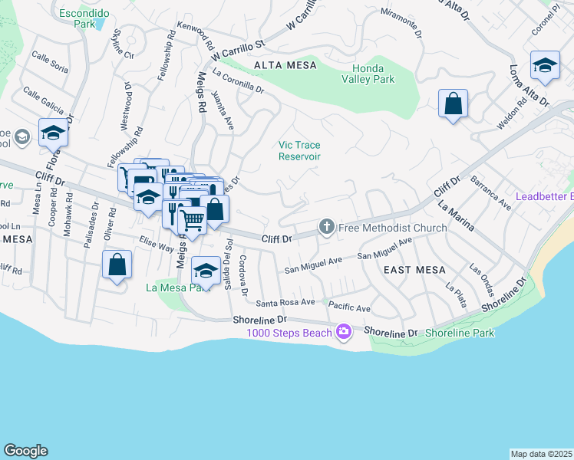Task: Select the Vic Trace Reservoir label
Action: (x=299, y=150)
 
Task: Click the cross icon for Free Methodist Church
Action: (x=327, y=227)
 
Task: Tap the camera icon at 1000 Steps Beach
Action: (x=343, y=332)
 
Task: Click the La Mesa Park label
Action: (x=177, y=288)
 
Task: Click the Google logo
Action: (x=25, y=451)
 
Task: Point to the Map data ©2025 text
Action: (x=541, y=454)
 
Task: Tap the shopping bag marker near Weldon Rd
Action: (x=453, y=103)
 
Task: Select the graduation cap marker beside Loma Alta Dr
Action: (x=545, y=65)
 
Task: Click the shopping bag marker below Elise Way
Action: (x=117, y=265)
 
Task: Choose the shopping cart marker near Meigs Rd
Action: (x=193, y=220)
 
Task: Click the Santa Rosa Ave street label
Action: (x=285, y=303)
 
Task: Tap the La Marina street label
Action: (x=455, y=217)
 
